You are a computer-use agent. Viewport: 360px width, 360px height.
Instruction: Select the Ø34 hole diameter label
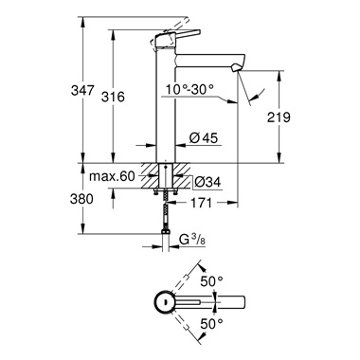208,182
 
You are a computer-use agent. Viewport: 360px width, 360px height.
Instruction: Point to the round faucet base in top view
165,303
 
